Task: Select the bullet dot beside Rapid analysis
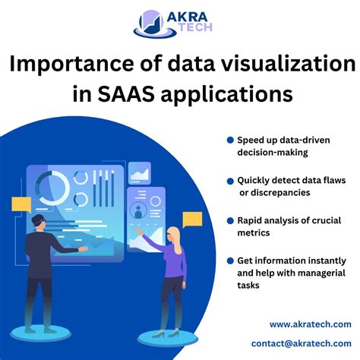[x=229, y=221]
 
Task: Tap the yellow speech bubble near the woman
[x=192, y=220]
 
